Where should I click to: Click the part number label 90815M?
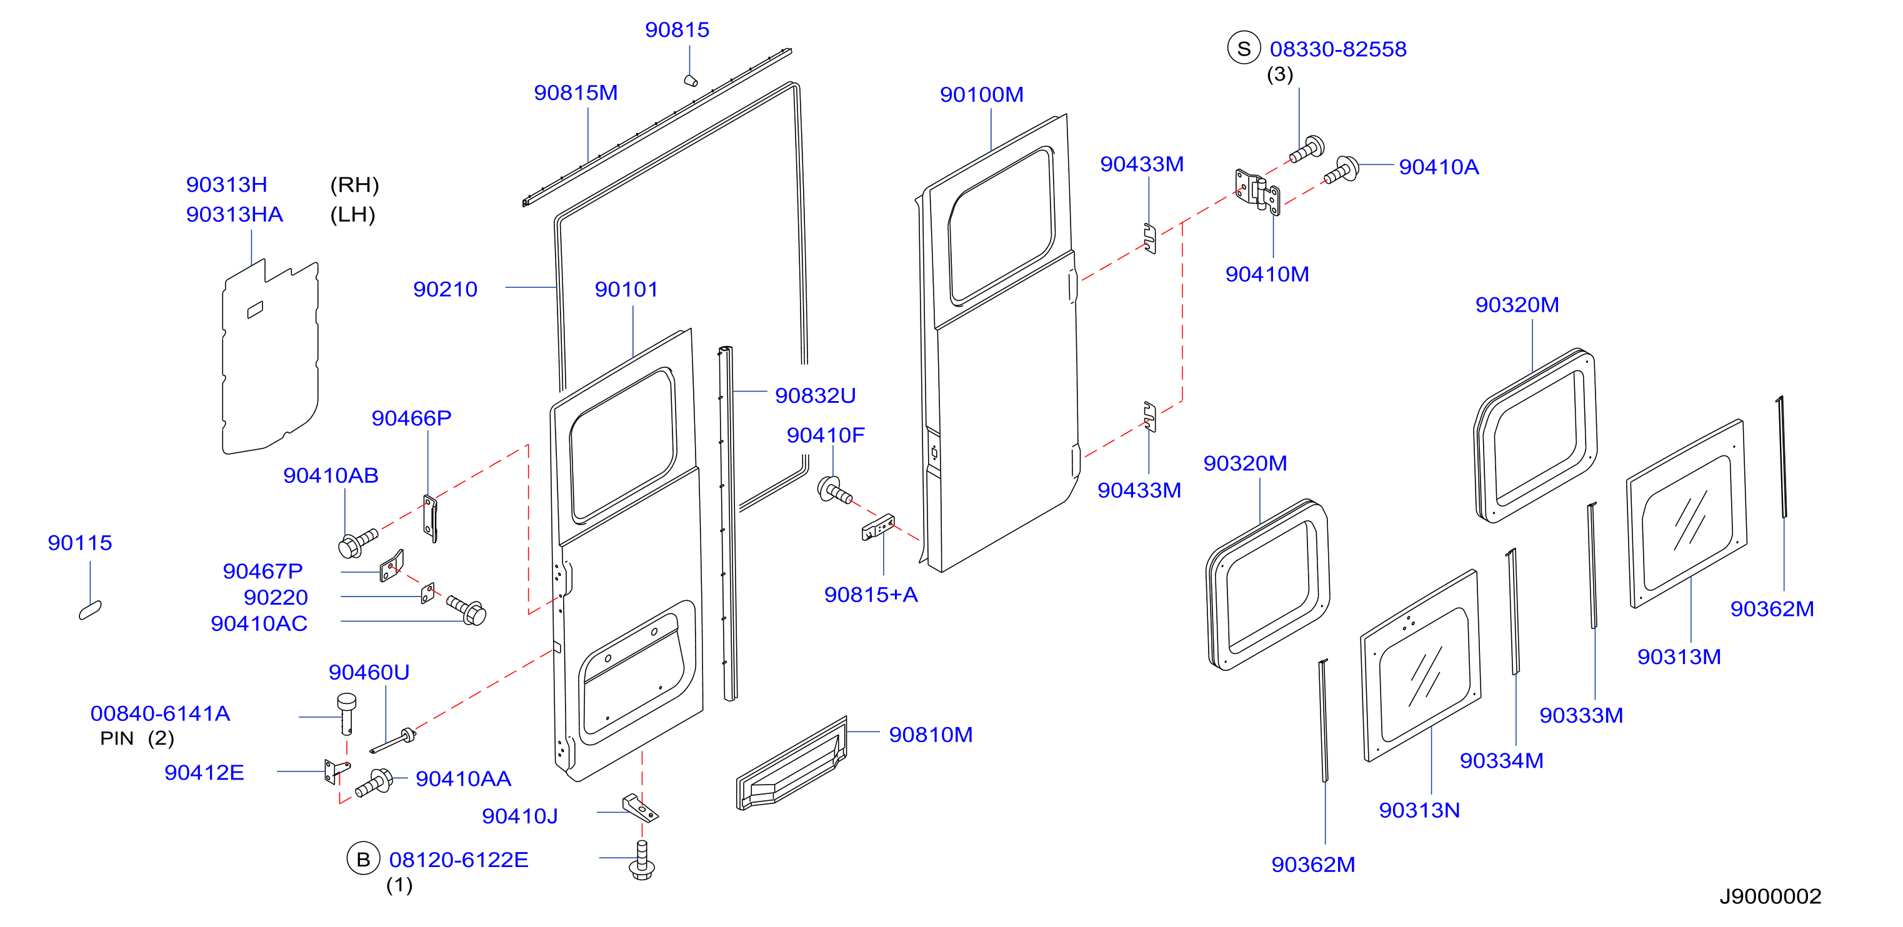[576, 93]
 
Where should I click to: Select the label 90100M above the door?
[981, 94]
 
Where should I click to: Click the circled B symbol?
[362, 859]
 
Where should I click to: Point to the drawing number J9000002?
[1770, 896]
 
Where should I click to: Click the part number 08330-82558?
[1338, 49]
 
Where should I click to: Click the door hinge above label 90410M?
[1257, 191]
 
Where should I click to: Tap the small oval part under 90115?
[90, 610]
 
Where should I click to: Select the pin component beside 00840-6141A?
[346, 713]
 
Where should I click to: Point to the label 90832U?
[815, 396]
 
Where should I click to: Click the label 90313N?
[1419, 810]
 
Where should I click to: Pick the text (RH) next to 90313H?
[354, 185]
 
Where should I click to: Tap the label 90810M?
[930, 735]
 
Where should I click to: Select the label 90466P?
[411, 418]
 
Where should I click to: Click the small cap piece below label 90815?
[691, 81]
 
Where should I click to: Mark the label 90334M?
[1501, 761]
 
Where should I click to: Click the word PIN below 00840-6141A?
[117, 738]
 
